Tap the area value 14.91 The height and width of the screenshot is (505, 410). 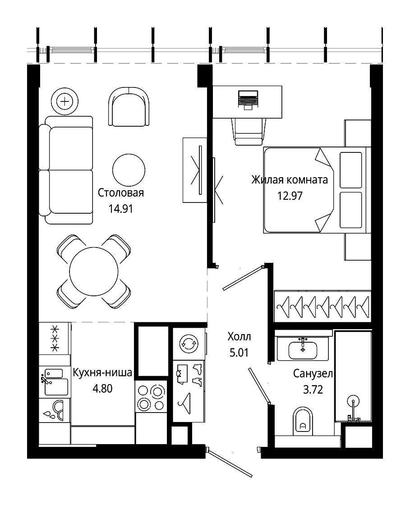(x=121, y=209)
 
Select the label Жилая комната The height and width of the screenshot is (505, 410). (x=290, y=179)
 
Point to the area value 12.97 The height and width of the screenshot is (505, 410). (x=290, y=196)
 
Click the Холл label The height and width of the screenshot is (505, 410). (x=240, y=336)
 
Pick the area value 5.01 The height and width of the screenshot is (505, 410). (x=240, y=353)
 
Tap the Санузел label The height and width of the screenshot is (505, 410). (x=313, y=374)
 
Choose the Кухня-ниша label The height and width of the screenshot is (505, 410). (x=102, y=372)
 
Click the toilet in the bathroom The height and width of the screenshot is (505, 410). (x=303, y=421)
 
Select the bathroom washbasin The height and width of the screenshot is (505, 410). (x=303, y=350)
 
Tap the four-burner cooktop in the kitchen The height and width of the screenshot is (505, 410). (x=151, y=397)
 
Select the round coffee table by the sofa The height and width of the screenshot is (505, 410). (x=129, y=170)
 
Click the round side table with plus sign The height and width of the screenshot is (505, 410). (x=65, y=101)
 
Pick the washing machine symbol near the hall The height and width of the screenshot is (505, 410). (x=189, y=344)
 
